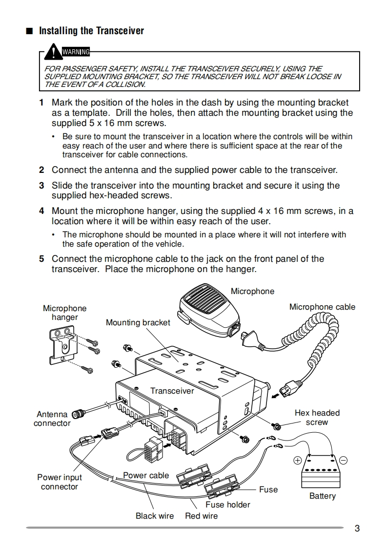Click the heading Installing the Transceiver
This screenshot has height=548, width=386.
pos(91,31)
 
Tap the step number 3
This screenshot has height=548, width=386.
pos(41,186)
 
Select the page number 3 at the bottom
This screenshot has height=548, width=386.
pos(357,528)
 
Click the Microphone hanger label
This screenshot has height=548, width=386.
pos(64,313)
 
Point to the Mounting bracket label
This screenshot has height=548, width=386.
pos(138,322)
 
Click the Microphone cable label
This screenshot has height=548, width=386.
pos(322,307)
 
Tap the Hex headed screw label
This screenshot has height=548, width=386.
pos(317,418)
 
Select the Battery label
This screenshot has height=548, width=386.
pos(323,496)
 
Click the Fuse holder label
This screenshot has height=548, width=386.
pos(227,505)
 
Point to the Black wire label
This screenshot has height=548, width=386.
pos(154,516)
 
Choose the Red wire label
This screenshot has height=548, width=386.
pos(201,516)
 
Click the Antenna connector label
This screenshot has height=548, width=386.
pos(52,419)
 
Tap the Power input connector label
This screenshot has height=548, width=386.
pos(60,482)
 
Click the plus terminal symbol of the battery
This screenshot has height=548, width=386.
pos(297,460)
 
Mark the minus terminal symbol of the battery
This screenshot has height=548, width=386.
pos(343,460)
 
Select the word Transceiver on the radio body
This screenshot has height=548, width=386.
pos(172,391)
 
